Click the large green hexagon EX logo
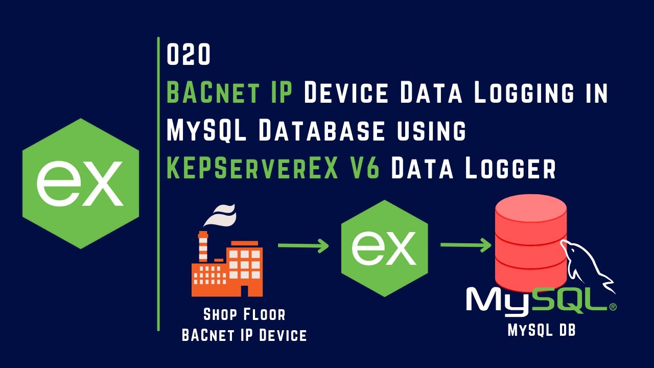pyautogui.click(x=81, y=183)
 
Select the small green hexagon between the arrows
pyautogui.click(x=384, y=248)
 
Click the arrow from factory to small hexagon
pyautogui.click(x=303, y=246)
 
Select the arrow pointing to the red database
pyautogui.click(x=465, y=245)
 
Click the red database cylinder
pyautogui.click(x=530, y=240)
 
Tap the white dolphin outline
pyautogui.click(x=588, y=266)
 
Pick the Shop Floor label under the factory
pyautogui.click(x=244, y=314)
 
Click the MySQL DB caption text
pyautogui.click(x=542, y=331)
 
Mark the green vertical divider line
pyautogui.click(x=158, y=184)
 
